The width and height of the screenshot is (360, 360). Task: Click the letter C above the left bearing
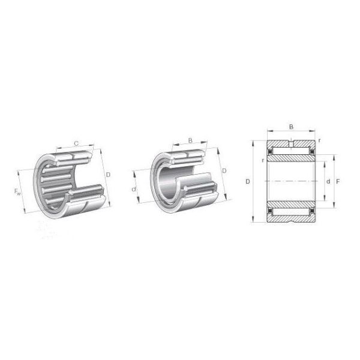[76, 142]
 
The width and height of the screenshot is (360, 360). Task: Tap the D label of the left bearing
[108, 175]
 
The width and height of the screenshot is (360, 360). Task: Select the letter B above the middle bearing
[190, 141]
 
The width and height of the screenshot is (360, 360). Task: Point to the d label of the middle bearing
[133, 190]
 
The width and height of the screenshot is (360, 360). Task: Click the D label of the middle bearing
[224, 172]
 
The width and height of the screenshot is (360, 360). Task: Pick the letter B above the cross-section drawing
[291, 127]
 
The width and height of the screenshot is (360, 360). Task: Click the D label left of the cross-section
[247, 181]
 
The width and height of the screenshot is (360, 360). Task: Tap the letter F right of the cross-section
[338, 181]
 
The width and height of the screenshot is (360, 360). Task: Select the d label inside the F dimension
[328, 181]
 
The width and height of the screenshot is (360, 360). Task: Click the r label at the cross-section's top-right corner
[319, 140]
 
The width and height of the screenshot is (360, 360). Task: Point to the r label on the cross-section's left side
[262, 161]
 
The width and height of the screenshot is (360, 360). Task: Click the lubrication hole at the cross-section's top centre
[291, 143]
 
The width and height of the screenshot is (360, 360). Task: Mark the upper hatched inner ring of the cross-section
[291, 158]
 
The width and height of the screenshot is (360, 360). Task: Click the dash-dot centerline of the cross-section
[291, 181]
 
